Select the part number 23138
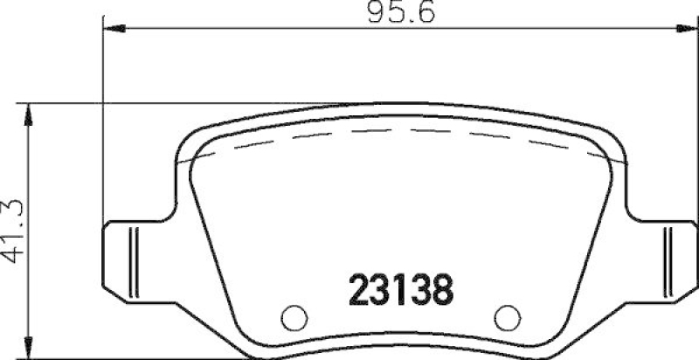coord(401,289)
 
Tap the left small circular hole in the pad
coord(294,315)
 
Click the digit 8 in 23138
coord(442,289)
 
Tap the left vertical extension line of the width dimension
coord(103,131)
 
